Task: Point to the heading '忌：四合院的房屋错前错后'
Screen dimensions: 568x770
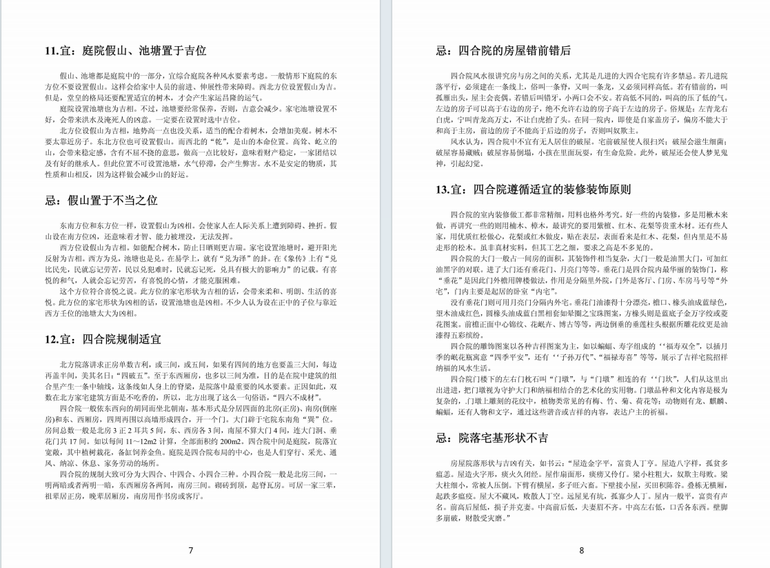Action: coord(504,50)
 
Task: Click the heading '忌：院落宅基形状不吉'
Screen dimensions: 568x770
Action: coord(493,438)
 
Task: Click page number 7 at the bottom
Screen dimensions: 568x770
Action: coord(191,550)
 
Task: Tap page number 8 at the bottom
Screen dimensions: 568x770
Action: coord(581,550)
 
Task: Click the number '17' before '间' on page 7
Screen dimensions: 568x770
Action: coord(76,440)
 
